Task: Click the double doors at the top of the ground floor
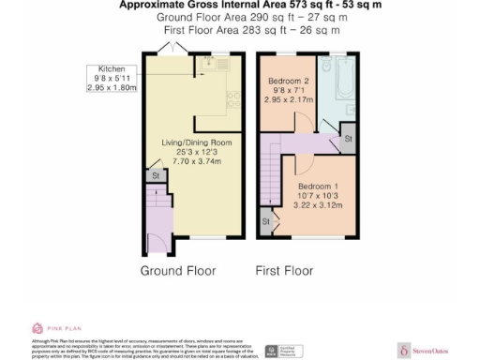(x=165, y=52)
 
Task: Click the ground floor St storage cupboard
(x=152, y=174)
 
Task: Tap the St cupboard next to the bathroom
(x=348, y=138)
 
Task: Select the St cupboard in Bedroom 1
(x=264, y=221)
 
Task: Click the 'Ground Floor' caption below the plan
(x=177, y=270)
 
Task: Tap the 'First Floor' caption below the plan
(x=284, y=270)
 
